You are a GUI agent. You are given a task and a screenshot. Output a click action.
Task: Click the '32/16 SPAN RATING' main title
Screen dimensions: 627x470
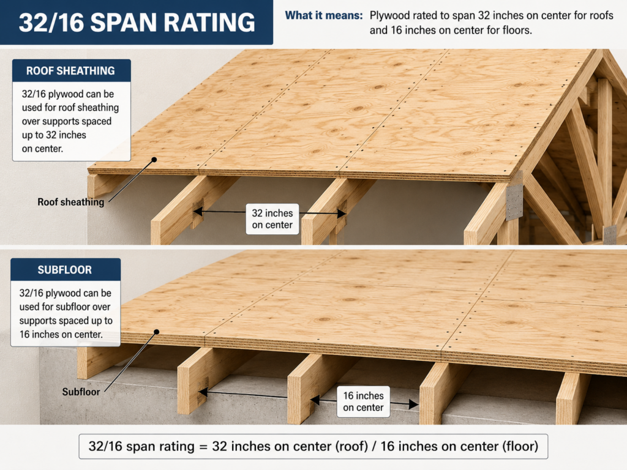click(137, 23)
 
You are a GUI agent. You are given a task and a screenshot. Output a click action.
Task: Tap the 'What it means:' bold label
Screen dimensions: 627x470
click(323, 15)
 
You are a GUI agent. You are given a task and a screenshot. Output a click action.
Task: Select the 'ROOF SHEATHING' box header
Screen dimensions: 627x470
click(71, 71)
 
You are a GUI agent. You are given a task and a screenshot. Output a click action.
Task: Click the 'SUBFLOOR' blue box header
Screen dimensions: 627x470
click(65, 270)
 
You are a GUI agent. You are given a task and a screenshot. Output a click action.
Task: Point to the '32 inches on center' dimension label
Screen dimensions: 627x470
click(272, 219)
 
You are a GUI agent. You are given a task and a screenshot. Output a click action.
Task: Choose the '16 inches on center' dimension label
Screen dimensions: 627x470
click(363, 401)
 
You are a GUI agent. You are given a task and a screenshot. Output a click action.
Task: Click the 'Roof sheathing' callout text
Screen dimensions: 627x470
click(71, 202)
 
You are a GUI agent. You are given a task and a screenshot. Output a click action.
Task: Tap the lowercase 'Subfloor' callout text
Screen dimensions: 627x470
click(81, 392)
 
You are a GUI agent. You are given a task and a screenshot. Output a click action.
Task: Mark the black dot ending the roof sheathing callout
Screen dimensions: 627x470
click(154, 160)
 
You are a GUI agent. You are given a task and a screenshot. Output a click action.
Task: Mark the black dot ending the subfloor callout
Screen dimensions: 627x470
click(157, 332)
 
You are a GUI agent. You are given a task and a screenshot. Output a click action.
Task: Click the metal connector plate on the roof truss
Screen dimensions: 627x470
click(514, 202)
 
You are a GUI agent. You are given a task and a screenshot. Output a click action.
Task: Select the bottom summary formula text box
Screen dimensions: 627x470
click(313, 446)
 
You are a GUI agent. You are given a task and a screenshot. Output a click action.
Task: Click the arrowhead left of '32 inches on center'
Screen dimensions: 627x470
click(198, 211)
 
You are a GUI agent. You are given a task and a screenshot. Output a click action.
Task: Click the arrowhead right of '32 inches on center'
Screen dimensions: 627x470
click(341, 214)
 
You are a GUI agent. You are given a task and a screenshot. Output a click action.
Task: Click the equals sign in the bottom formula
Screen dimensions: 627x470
click(203, 446)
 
